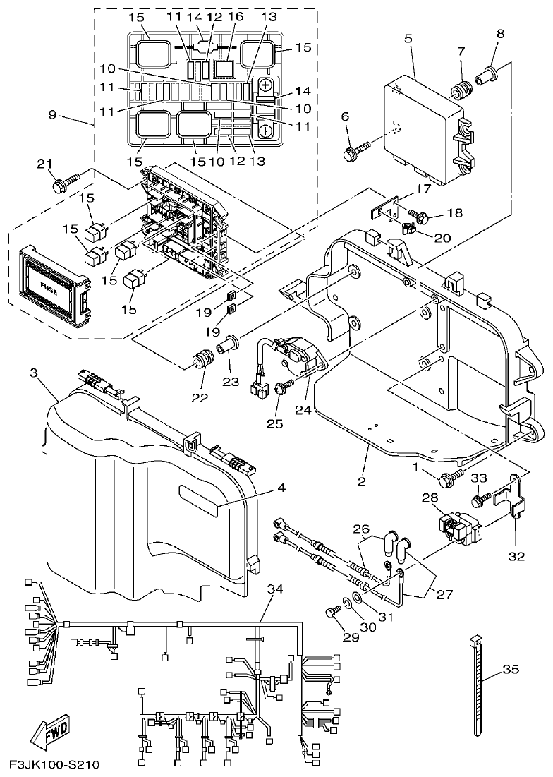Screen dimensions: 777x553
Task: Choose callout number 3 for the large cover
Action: pyautogui.click(x=33, y=373)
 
